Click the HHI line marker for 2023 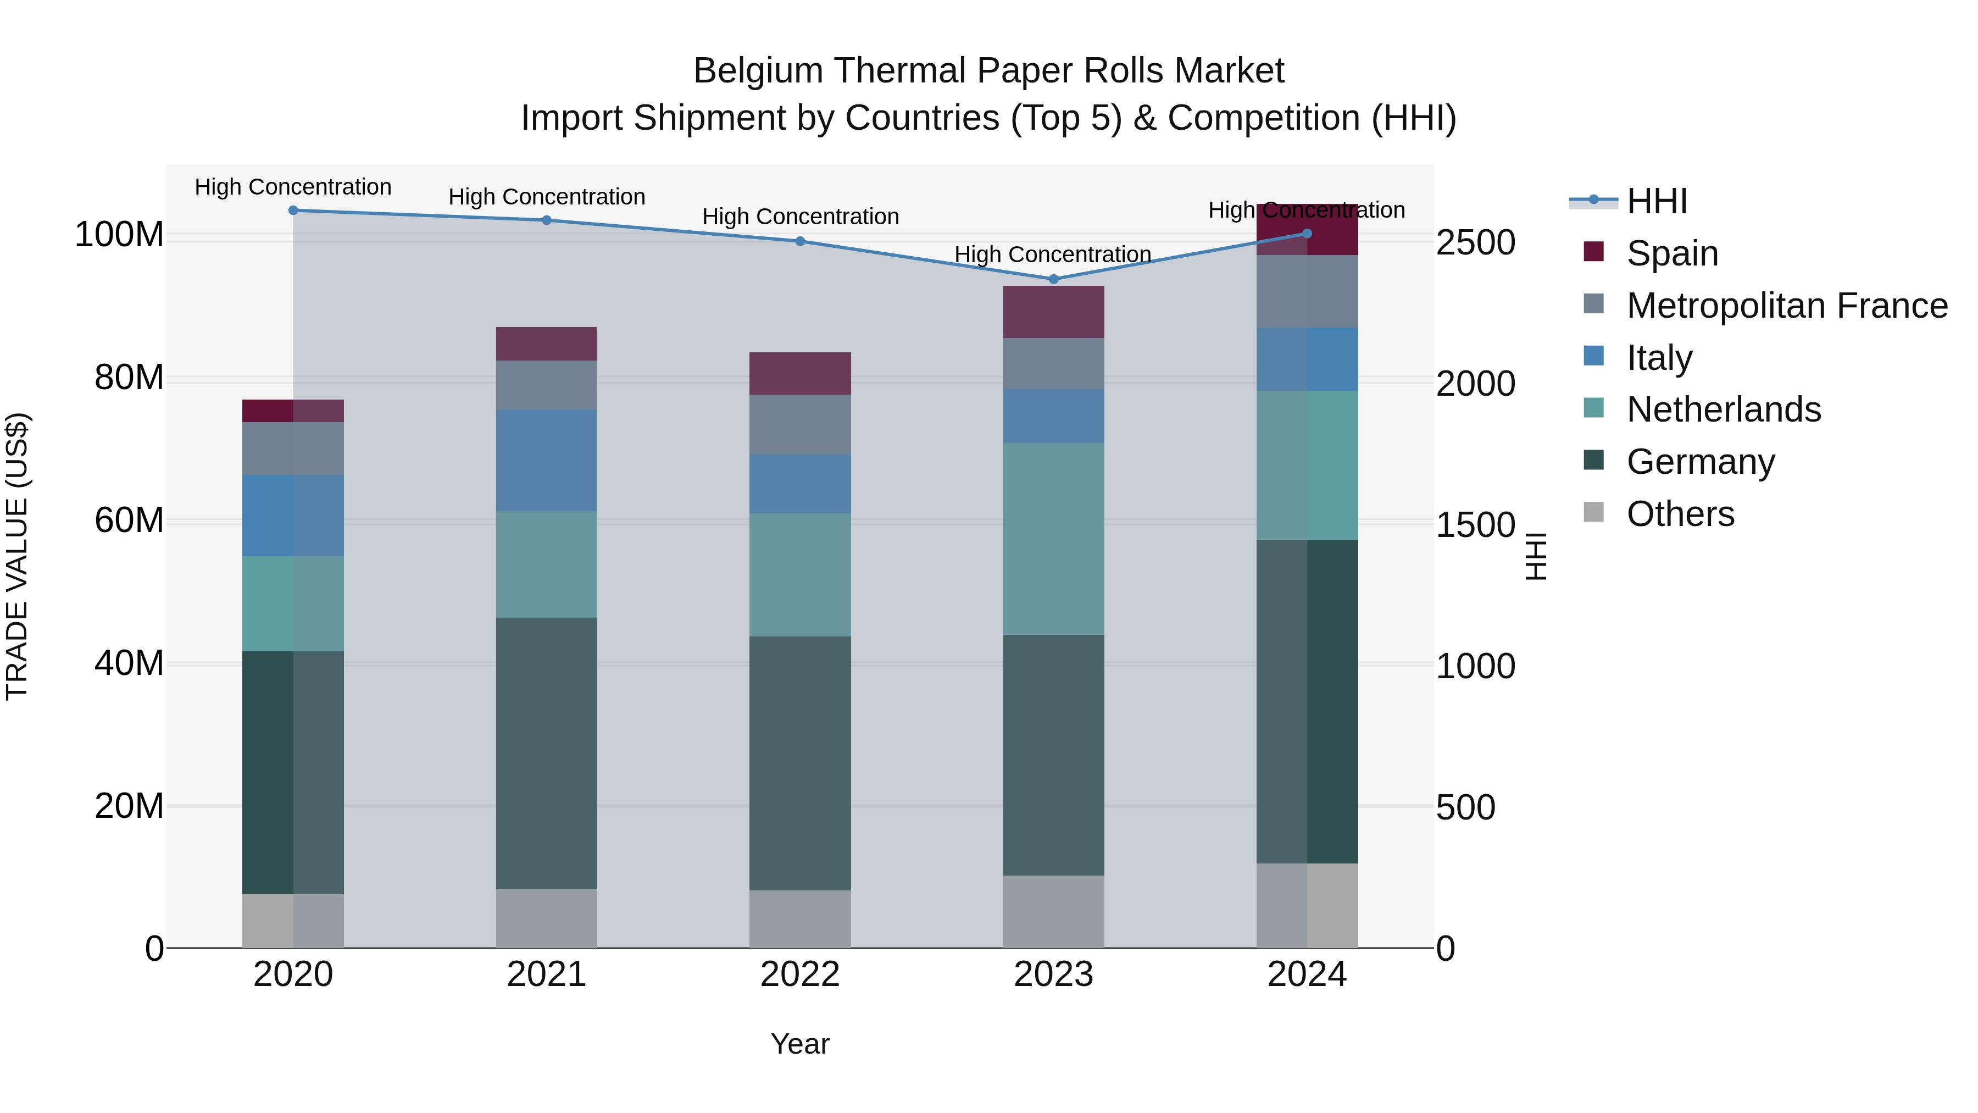(x=1053, y=279)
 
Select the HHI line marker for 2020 (x=293, y=210)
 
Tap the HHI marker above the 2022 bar (x=800, y=241)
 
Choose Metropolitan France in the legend (x=1786, y=306)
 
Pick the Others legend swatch (x=1594, y=512)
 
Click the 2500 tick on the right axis (x=1475, y=243)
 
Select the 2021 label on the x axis (x=547, y=974)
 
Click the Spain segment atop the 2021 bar (x=547, y=344)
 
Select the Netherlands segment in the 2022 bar (x=800, y=574)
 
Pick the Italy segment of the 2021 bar (x=547, y=460)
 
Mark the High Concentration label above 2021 (x=547, y=197)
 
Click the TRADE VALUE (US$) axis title (x=17, y=556)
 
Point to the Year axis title (x=800, y=1044)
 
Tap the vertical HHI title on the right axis (x=1535, y=556)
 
